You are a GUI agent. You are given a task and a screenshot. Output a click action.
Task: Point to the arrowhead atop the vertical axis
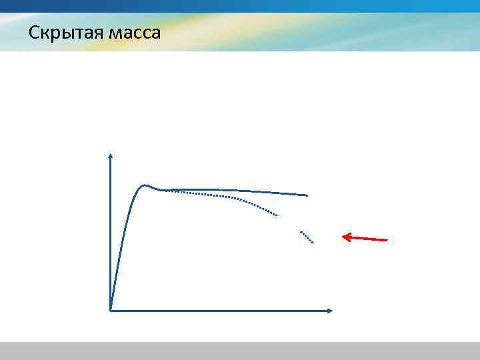111,156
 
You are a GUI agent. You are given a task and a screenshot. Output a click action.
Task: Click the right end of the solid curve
307,195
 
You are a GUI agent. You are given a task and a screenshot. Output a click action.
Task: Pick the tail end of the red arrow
387,240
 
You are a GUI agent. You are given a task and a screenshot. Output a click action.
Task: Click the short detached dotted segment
307,237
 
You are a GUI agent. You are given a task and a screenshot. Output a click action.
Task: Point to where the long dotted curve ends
277,215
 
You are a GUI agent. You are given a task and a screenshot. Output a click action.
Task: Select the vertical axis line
111,233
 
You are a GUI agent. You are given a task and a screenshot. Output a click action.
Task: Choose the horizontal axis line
220,310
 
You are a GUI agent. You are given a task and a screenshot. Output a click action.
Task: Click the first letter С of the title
33,32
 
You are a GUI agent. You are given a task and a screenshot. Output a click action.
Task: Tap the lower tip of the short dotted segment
313,243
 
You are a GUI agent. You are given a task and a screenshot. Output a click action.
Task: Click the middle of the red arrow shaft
365,238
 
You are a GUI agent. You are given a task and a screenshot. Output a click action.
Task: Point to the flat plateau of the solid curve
227,191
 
